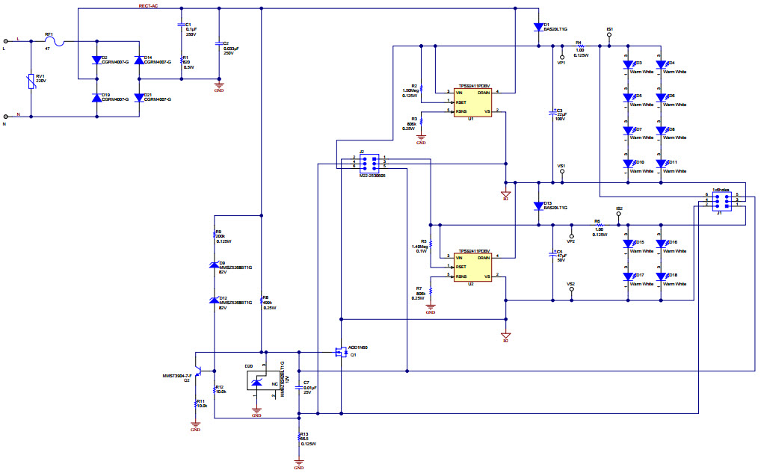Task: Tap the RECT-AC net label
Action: (148, 6)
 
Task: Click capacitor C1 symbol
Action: (181, 25)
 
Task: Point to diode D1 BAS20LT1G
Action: (537, 28)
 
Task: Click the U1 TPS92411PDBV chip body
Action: (472, 102)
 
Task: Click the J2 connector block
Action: (369, 162)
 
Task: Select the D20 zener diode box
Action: (256, 382)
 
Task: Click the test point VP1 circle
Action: (562, 56)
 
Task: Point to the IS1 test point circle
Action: (610, 36)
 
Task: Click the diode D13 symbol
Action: (537, 205)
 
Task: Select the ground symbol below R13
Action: (298, 463)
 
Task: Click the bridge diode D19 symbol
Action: (96, 98)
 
